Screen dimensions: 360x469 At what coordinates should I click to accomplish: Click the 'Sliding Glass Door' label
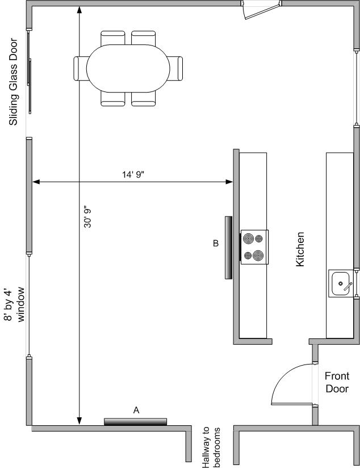click(14, 82)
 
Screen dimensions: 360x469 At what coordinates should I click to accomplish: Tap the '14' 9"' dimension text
click(133, 175)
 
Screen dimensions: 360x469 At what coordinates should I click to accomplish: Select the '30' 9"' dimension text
click(87, 216)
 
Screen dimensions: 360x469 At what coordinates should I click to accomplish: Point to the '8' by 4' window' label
click(14, 304)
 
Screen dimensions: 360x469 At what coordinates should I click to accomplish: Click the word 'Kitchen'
click(300, 249)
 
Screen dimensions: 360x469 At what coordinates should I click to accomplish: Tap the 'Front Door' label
click(337, 382)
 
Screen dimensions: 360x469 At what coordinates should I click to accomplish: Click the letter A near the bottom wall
click(136, 411)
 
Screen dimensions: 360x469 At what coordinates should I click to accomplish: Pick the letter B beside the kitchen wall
click(216, 243)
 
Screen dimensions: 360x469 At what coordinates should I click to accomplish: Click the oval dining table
click(128, 68)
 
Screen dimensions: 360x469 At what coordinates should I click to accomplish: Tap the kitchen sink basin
click(340, 283)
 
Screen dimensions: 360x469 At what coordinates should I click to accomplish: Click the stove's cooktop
click(254, 247)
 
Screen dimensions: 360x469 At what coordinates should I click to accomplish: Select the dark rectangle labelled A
click(136, 422)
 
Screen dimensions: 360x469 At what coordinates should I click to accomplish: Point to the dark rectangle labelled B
click(228, 248)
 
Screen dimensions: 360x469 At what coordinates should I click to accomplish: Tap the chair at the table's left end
click(81, 69)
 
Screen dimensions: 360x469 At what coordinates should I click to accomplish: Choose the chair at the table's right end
click(175, 69)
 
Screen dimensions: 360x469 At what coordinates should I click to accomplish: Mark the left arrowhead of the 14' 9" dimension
click(36, 182)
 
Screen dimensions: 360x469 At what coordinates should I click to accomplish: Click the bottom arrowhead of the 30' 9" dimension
click(79, 421)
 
